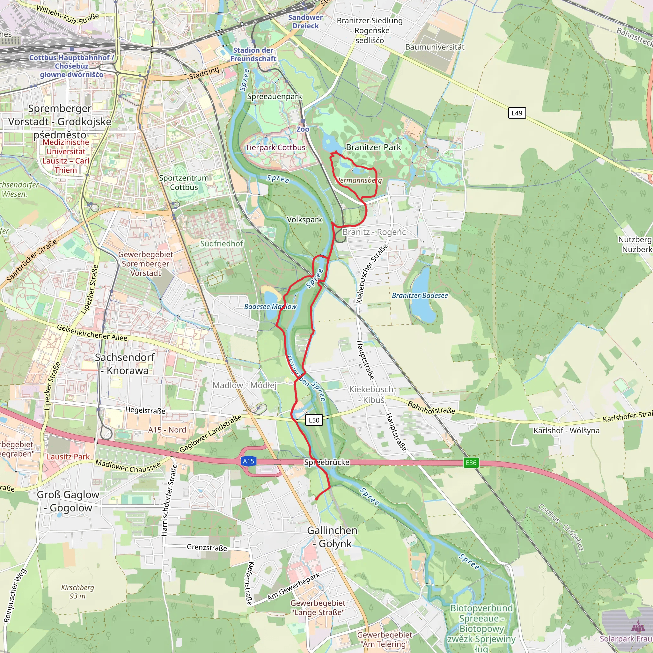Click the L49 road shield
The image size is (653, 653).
517,113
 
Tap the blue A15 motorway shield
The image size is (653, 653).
248,461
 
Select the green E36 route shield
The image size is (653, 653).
471,463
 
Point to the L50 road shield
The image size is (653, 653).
314,420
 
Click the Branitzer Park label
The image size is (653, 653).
373,147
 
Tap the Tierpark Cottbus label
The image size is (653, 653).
275,148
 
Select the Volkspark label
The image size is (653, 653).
304,220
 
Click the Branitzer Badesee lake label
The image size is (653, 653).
420,295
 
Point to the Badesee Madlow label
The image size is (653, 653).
270,306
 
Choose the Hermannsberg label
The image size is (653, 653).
358,180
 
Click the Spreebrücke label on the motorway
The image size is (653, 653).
326,462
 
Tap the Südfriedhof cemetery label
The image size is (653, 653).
221,243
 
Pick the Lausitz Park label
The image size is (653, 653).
68,457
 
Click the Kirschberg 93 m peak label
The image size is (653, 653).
77,591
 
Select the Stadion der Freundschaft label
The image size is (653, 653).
253,55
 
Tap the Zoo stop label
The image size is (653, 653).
303,129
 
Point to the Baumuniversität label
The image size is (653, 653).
435,47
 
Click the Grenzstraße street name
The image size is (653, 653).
207,547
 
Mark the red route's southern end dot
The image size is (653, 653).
317,499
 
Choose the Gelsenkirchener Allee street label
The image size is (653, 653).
92,333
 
